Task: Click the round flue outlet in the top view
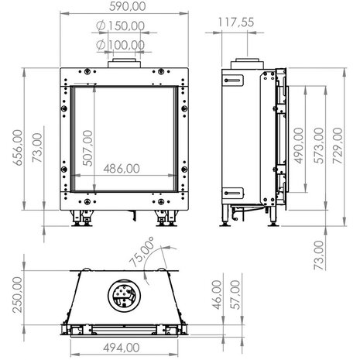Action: (123, 296)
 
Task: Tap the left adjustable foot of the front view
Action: (81, 222)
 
